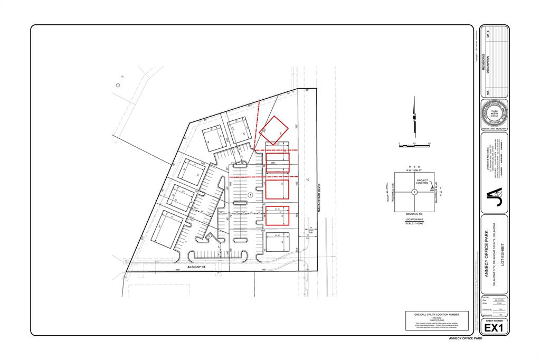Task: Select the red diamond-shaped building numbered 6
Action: [x=275, y=129]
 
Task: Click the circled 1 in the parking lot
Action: [x=250, y=195]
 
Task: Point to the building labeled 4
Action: [x=214, y=138]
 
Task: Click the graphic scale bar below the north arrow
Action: [x=415, y=144]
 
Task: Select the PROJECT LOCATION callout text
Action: [x=422, y=182]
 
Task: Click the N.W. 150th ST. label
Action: [x=414, y=169]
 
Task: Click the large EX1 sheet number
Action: [x=495, y=328]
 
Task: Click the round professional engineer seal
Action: [x=494, y=113]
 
